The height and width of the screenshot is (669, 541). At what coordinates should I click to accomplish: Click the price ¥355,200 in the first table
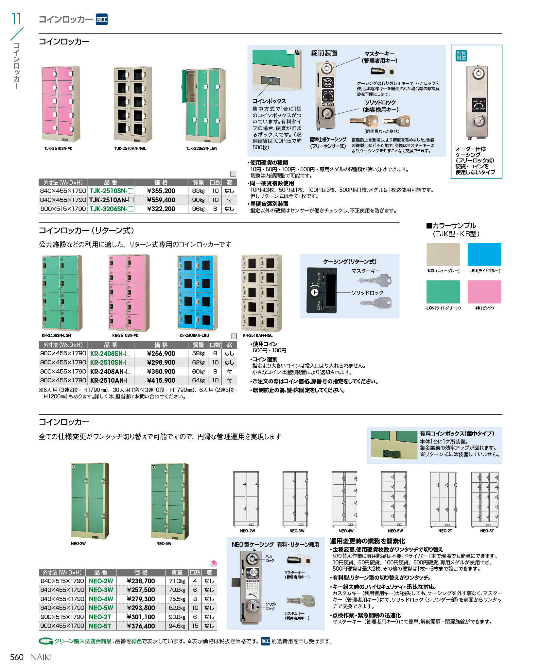point(161,191)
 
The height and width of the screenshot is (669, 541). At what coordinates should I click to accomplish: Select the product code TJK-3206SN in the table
point(108,209)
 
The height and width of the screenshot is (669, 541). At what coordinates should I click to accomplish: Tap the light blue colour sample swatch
point(484,254)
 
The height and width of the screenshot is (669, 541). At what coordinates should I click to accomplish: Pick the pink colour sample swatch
point(484,292)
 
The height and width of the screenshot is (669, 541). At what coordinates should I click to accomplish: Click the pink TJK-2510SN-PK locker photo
point(61,104)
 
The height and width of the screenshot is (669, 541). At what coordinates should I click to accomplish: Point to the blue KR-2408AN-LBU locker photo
point(197,293)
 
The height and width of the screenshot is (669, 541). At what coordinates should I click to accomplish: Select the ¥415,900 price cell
point(161,380)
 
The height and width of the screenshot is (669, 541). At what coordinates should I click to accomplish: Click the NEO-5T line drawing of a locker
point(485,499)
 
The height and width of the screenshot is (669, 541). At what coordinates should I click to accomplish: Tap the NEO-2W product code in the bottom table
point(101,581)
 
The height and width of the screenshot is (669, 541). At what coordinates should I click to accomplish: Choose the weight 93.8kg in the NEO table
point(177,617)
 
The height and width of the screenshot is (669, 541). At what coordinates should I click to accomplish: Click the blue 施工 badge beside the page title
point(102,20)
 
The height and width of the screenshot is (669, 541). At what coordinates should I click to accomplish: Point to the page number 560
point(17,657)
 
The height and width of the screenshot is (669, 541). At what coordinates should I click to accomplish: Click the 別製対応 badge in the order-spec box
point(461,56)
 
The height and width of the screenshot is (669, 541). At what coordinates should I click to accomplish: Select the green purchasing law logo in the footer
point(45,641)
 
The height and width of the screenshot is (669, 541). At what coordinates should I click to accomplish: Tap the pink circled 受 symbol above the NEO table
point(214,563)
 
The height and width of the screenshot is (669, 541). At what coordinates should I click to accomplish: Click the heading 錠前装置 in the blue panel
point(324,53)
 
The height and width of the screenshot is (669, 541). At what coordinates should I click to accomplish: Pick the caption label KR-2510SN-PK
point(125,335)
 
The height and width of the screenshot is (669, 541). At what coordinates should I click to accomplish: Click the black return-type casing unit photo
point(322,290)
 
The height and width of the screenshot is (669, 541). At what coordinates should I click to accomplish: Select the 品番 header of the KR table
point(111,345)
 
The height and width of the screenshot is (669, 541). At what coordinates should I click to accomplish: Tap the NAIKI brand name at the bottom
point(41,657)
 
